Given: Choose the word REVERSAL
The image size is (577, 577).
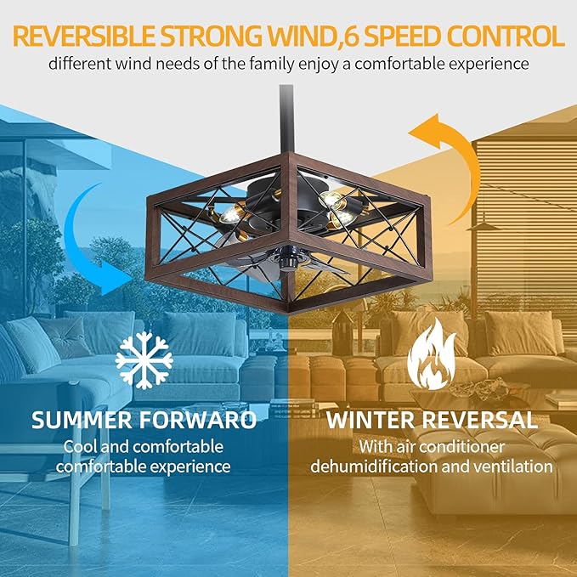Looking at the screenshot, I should pyautogui.click(x=487, y=420).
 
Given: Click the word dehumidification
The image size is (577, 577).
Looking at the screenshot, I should pyautogui.click(x=373, y=467).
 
